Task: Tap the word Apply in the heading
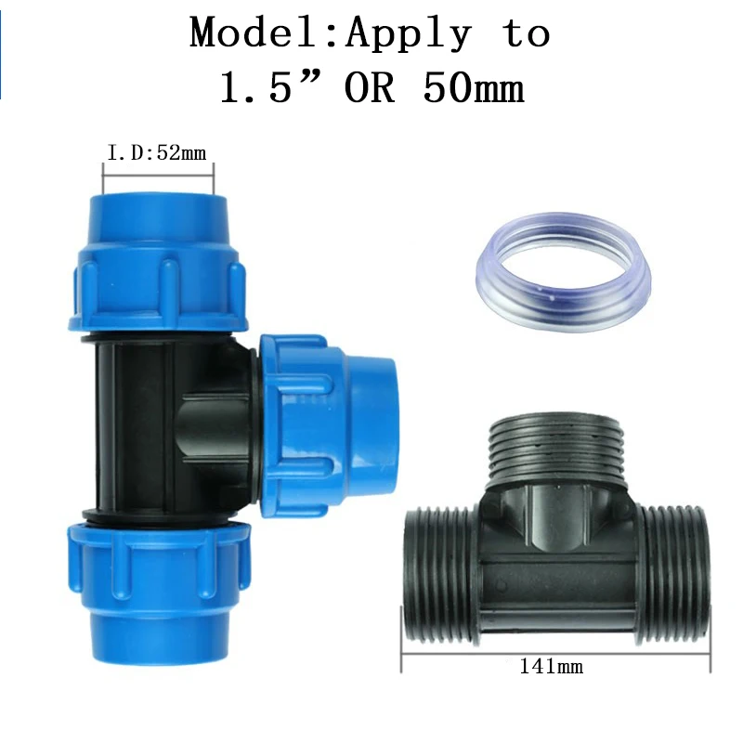409,35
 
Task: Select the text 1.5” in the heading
271,87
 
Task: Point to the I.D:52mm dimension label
157,153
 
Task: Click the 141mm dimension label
551,666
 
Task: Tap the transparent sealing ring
563,304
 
